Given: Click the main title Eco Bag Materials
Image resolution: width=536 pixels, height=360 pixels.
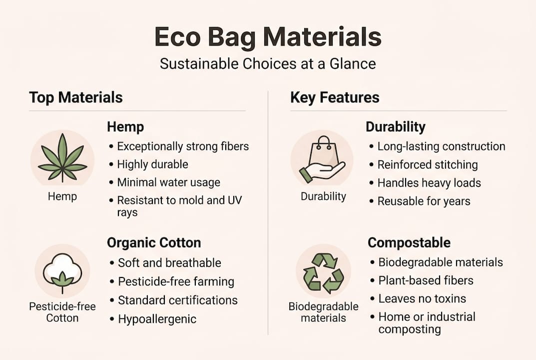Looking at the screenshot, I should coord(268,37).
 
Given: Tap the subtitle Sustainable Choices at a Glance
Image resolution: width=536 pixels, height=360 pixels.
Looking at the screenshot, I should coord(268,64).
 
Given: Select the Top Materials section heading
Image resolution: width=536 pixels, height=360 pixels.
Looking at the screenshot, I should coord(76,97).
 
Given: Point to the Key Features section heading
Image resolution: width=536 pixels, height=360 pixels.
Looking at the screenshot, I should coord(335,97).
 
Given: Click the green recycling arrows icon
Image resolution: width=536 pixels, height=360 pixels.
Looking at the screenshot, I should coord(323,272).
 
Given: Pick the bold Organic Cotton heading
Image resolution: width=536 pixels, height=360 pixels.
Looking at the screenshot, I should coord(154,243).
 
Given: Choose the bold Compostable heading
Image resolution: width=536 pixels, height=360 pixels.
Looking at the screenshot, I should coord(409,243).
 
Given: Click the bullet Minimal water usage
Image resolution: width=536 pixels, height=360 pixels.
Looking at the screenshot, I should coord(168,182).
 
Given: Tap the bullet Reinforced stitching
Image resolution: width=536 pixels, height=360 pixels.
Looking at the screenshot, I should coord(428,165).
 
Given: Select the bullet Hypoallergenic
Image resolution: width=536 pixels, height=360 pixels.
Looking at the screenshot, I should coord(157,319).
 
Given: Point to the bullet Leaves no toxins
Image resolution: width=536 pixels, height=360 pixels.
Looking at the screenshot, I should coord(422,298).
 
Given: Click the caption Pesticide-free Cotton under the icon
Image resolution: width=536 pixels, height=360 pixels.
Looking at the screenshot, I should coord(62,312).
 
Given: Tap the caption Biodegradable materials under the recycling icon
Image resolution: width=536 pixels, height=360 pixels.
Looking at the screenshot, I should coord(323,312).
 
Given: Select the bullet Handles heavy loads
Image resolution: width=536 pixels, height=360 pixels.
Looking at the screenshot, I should coord(429,183).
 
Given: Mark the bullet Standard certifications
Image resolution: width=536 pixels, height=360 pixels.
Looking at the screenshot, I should coord(177,300).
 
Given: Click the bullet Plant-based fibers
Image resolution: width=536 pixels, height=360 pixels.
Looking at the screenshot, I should coord(426,280).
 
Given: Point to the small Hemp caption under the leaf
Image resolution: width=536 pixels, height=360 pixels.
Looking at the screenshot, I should coord(62,196).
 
